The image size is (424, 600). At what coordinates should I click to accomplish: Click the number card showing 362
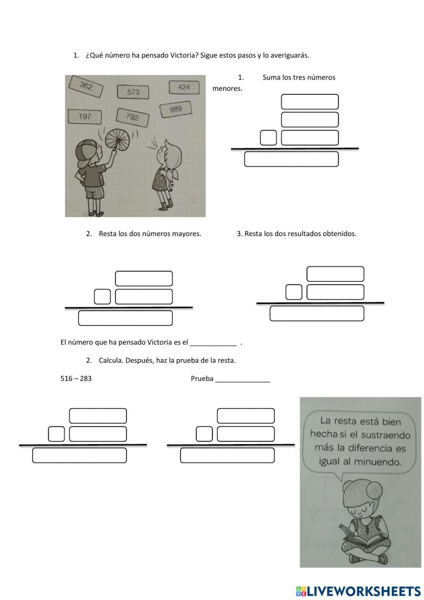(86, 86)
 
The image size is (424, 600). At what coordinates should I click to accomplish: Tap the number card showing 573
(133, 92)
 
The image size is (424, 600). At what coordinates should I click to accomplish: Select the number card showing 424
(184, 87)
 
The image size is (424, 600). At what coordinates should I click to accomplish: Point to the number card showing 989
(176, 109)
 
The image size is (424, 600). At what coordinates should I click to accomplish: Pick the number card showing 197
(85, 116)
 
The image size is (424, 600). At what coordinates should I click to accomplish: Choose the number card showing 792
(132, 117)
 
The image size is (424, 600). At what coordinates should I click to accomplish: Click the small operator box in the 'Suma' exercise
(268, 138)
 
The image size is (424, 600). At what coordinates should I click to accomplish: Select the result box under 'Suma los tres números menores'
(291, 159)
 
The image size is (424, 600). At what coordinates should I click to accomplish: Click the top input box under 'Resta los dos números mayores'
(144, 279)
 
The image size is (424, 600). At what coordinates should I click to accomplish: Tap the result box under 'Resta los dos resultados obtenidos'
(317, 313)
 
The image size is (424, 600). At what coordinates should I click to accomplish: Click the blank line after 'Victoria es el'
(213, 346)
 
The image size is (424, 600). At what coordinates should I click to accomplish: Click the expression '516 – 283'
(76, 378)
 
